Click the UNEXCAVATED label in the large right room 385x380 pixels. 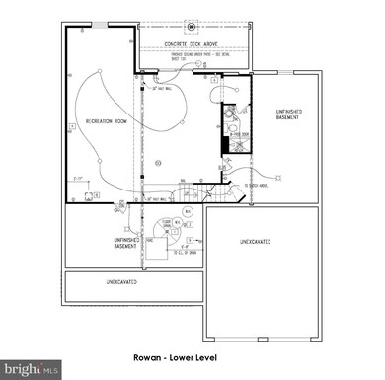(x=260, y=242)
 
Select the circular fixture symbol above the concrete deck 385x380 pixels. (x=192, y=20)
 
